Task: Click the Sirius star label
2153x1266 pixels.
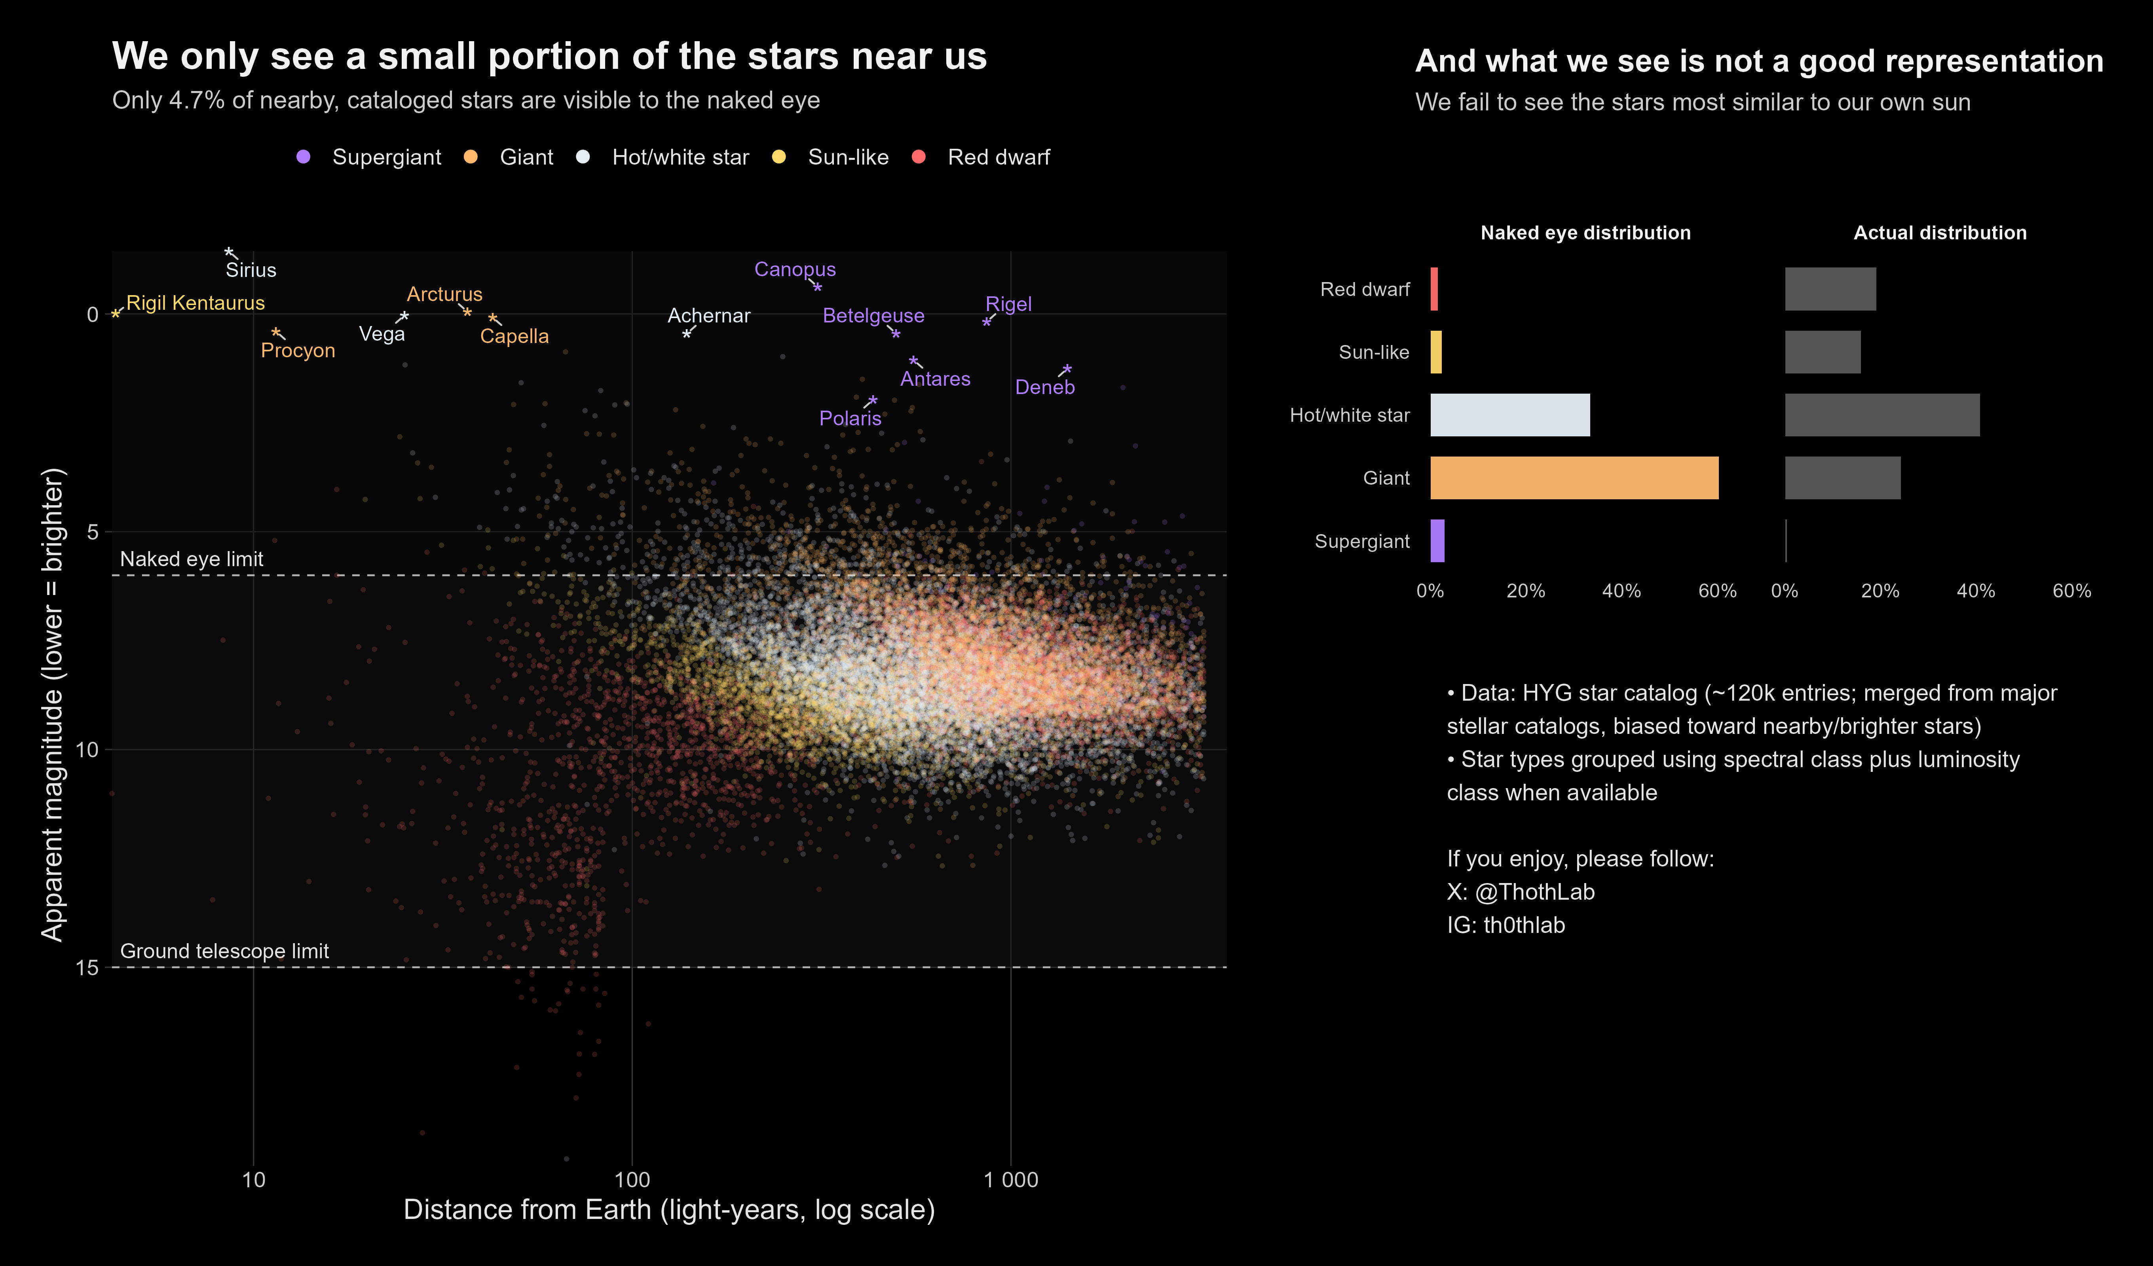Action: pyautogui.click(x=251, y=270)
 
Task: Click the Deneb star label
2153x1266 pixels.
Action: pyautogui.click(x=1044, y=387)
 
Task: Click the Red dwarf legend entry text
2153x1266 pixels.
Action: pyautogui.click(x=998, y=157)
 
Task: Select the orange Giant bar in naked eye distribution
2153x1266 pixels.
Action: pyautogui.click(x=1574, y=478)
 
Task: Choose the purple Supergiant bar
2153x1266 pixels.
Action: pyautogui.click(x=1437, y=541)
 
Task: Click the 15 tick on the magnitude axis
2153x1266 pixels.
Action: pyautogui.click(x=86, y=967)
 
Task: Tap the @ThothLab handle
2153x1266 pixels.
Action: pyautogui.click(x=1534, y=892)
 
